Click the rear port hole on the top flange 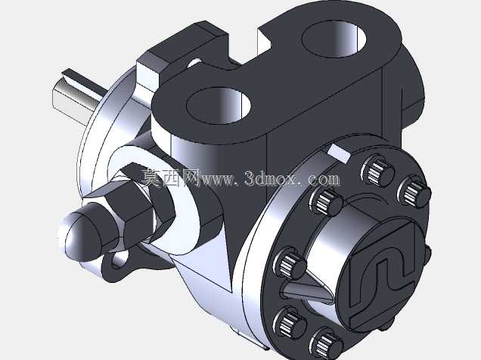coord(334,38)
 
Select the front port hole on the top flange coord(219,105)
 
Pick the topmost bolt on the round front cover coord(377,171)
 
